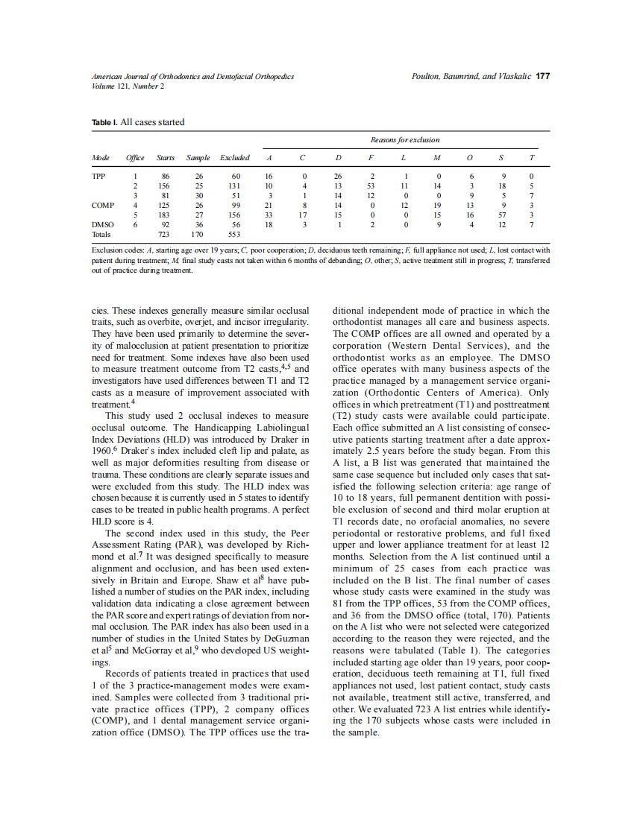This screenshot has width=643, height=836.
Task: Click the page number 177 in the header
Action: coord(543,76)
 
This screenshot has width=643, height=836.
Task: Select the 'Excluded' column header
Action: coord(235,158)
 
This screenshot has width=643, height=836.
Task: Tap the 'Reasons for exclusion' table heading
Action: coord(405,139)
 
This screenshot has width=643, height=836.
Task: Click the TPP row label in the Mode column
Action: coord(98,175)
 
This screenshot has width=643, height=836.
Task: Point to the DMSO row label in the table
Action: coord(103,224)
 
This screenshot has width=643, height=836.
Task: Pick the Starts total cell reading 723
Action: coord(165,234)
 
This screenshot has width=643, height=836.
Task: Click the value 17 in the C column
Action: coord(304,214)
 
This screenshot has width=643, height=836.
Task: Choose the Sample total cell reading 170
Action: coord(198,234)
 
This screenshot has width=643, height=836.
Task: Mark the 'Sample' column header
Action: coord(198,158)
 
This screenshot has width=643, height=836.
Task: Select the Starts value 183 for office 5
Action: coord(165,214)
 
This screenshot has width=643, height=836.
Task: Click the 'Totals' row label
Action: coord(101,234)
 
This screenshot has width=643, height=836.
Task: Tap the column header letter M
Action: coord(437,158)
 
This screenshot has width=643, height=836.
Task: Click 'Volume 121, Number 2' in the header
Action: coord(128,86)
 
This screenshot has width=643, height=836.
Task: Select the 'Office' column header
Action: coord(135,158)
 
